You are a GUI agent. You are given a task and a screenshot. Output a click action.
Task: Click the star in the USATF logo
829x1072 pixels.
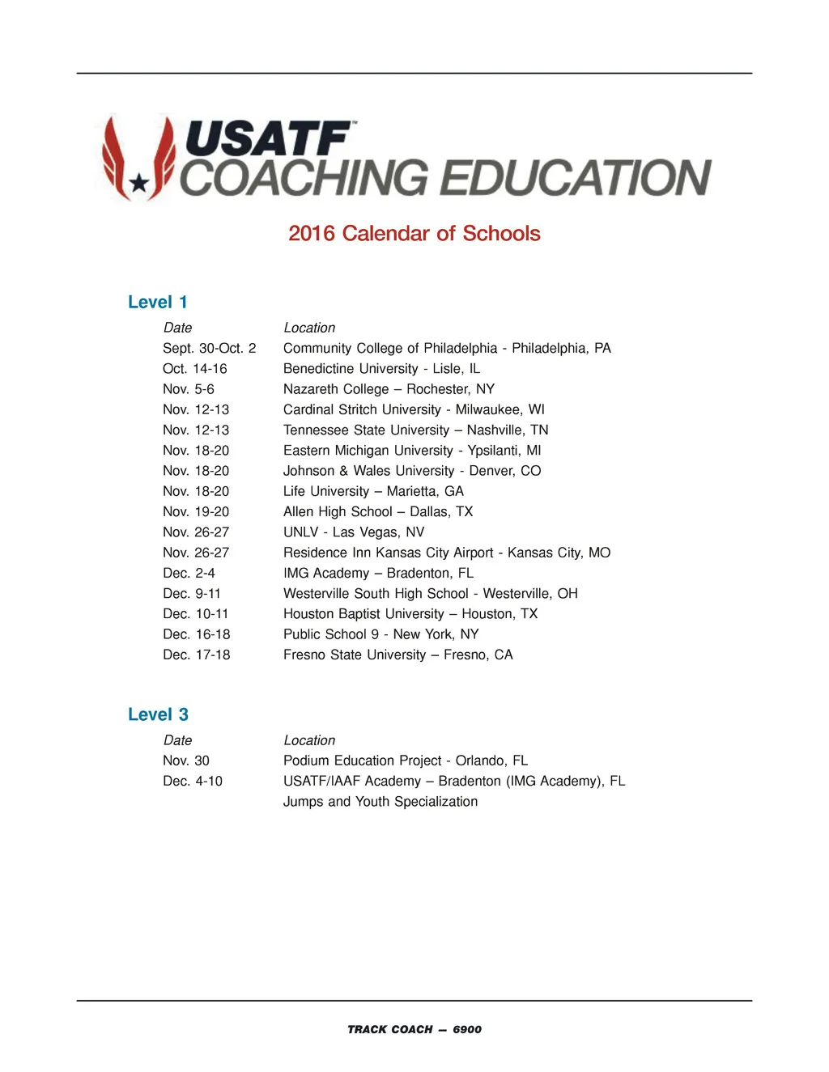(139, 184)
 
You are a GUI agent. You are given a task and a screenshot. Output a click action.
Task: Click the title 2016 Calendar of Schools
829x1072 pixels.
(414, 234)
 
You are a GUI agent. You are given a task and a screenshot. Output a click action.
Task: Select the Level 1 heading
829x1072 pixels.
(158, 303)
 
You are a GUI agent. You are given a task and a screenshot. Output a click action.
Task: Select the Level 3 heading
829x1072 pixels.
(158, 715)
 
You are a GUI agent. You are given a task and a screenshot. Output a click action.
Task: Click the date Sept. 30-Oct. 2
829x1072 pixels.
(209, 349)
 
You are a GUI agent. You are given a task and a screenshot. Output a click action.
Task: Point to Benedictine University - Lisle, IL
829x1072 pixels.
(381, 369)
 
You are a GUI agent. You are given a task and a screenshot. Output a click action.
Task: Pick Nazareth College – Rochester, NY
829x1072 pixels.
(389, 389)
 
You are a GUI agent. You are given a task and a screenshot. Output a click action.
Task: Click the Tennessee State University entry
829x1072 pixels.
(415, 430)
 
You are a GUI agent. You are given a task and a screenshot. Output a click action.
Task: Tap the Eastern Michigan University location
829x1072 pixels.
(412, 451)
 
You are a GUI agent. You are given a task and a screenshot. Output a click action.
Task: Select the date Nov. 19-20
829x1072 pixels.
(196, 512)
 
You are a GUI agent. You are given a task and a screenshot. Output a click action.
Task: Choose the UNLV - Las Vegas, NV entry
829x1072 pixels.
(354, 532)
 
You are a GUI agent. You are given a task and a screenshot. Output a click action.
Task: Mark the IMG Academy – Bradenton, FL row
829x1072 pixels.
(378, 574)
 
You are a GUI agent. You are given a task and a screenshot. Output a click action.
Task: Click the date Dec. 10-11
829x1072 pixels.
(196, 614)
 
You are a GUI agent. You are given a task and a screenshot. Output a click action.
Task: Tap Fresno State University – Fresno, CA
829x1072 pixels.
(397, 655)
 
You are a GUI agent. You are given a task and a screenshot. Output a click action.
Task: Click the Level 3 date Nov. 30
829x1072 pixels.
(186, 761)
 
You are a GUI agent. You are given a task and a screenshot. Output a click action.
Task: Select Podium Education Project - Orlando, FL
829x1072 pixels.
(405, 761)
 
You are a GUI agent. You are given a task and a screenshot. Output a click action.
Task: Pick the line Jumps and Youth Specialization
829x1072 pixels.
(380, 802)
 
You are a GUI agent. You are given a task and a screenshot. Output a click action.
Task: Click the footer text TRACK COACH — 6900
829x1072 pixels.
(414, 1030)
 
